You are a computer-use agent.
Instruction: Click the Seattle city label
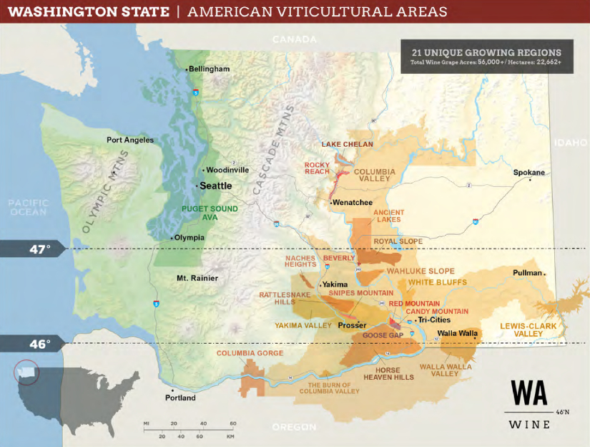pos(215,185)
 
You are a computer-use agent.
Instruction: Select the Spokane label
pos(528,173)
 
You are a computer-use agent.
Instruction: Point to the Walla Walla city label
pos(457,333)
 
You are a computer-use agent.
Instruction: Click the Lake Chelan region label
pos(347,144)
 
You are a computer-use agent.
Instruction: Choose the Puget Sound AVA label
pos(209,213)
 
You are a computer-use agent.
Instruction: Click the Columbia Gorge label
pos(250,353)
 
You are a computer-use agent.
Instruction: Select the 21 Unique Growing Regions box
pos(486,57)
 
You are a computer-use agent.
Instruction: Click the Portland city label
pos(180,398)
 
